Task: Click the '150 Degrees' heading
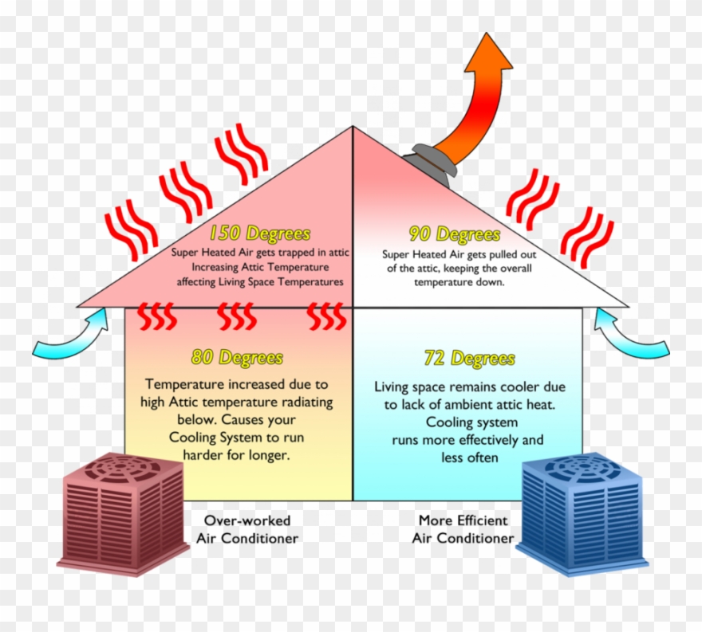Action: point(260,233)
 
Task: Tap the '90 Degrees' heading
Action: point(455,234)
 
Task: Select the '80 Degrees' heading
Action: point(237,357)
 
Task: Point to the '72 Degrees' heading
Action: point(470,359)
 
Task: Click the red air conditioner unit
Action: point(123,514)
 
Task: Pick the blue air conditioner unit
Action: point(582,514)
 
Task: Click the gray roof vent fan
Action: point(430,163)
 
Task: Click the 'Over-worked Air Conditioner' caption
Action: point(247,529)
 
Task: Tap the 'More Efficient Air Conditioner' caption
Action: point(463,529)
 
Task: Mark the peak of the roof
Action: point(353,127)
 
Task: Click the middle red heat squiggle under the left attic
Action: point(237,316)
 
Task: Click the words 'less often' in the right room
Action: point(469,457)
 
